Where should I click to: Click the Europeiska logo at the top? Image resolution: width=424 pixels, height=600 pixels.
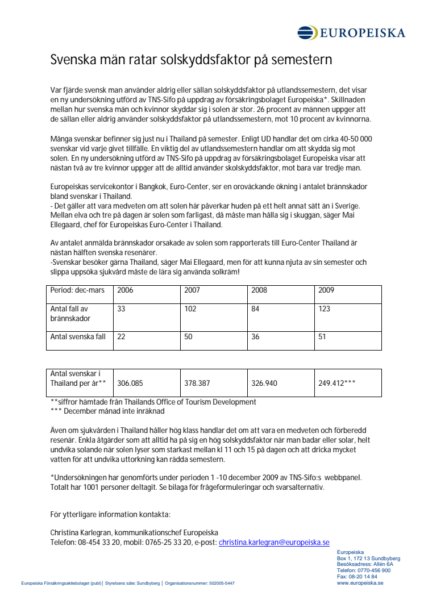pos(351,32)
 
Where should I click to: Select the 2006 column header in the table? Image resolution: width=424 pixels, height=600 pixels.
pos(125,290)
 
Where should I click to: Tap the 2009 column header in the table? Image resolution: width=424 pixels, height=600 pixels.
pos(326,290)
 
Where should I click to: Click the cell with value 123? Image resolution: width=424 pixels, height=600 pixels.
pos(325,309)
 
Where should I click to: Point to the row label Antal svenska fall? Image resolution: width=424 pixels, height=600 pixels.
pos(78,337)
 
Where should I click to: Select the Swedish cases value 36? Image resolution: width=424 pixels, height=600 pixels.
pos(255,337)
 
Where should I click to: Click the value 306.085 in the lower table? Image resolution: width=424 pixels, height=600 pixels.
pos(130,383)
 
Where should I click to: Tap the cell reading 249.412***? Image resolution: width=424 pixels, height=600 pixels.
pos(337,383)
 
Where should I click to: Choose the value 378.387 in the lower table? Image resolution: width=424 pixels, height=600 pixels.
pos(197,383)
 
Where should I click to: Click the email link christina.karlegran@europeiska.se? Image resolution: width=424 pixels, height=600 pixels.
pos(274,543)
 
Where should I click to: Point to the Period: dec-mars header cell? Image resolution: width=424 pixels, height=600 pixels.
pos(78,290)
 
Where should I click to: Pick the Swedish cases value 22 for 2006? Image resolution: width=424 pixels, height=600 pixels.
pos(121,337)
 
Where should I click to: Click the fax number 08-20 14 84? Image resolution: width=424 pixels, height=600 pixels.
pos(362,577)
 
